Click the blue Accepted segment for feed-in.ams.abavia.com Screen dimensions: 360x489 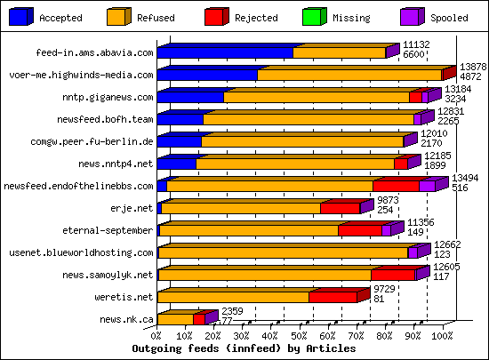click(x=225, y=52)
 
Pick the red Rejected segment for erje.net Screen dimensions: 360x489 click(x=340, y=208)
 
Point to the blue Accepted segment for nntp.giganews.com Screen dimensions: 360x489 click(x=190, y=97)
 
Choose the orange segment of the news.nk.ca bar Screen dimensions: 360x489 click(x=174, y=319)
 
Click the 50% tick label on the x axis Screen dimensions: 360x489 click(x=299, y=337)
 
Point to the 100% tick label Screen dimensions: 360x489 click(x=441, y=337)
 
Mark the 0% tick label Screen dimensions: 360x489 click(x=156, y=337)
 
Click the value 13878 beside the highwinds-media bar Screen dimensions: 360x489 click(x=472, y=67)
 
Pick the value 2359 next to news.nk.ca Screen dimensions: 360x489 click(x=232, y=310)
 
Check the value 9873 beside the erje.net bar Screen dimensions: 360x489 click(x=389, y=200)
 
